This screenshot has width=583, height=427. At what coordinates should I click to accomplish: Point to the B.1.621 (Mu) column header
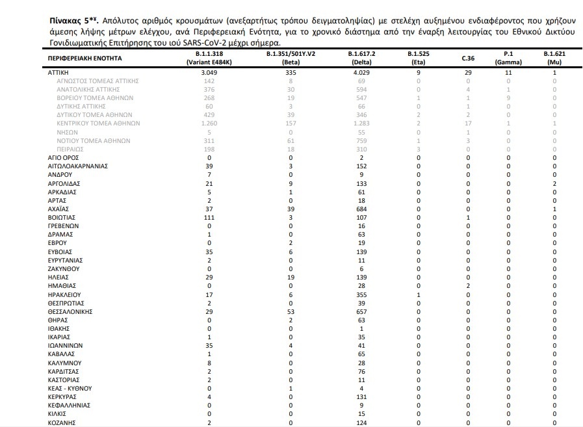click(x=554, y=58)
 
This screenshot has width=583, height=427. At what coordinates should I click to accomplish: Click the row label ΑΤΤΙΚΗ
click(x=60, y=73)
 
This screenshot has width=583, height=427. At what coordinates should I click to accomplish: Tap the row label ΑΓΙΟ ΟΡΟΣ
click(x=65, y=157)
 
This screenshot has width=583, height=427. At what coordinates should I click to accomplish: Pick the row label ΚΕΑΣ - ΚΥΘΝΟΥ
click(x=70, y=388)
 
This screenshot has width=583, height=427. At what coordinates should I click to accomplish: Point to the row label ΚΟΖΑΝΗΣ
click(x=63, y=422)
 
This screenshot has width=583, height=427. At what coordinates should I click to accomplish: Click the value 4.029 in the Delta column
click(x=360, y=73)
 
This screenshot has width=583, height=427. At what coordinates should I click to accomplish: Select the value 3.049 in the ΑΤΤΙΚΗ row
click(x=209, y=73)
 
